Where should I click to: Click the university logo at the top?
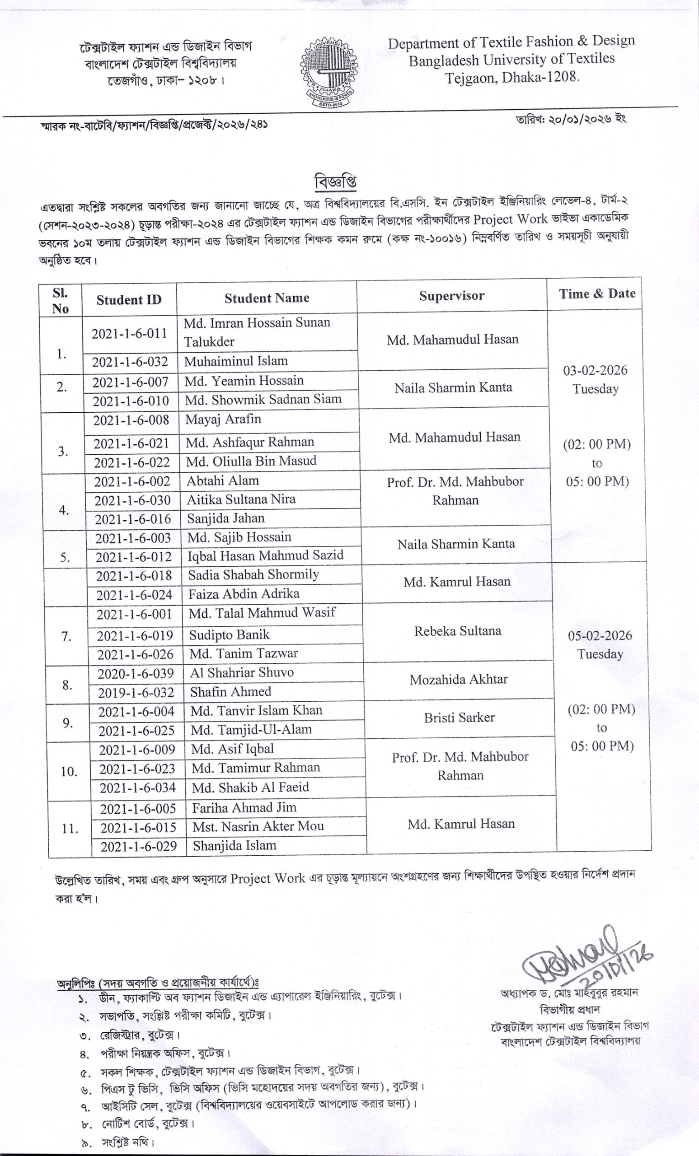pos(328,71)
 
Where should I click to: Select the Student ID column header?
pos(129,300)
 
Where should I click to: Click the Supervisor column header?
pos(451,296)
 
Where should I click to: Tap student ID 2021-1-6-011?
pos(129,334)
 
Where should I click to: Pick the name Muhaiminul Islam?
pos(236,361)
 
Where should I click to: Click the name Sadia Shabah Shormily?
pos(253,575)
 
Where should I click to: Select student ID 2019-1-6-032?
pos(136,693)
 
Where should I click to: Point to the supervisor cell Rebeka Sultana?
pos(457,631)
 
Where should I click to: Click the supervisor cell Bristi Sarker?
pos(459,718)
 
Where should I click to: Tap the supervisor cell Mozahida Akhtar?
pos(458,679)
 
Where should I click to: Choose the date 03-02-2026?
pos(595,370)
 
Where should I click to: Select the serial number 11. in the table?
pos(70,829)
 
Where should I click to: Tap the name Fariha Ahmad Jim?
pos(244,807)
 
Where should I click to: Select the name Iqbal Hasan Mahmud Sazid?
pos(265,555)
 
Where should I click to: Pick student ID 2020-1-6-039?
pos(135,673)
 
